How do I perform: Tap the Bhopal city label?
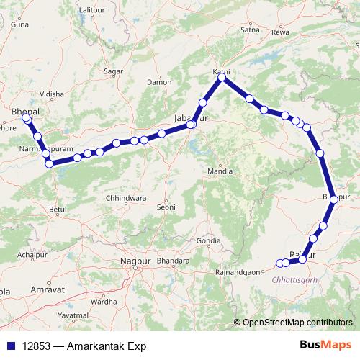pyautogui.click(x=27, y=112)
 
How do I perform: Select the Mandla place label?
pyautogui.click(x=220, y=171)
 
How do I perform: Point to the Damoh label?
pyautogui.click(x=158, y=82)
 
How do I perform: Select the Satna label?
pyautogui.click(x=251, y=30)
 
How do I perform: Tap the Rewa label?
pyautogui.click(x=281, y=33)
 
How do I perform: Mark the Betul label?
pyautogui.click(x=58, y=209)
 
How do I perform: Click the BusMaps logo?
pyautogui.click(x=325, y=346)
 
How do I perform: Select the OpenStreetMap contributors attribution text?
pyautogui.click(x=297, y=323)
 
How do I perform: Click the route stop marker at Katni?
pyautogui.click(x=222, y=77)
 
